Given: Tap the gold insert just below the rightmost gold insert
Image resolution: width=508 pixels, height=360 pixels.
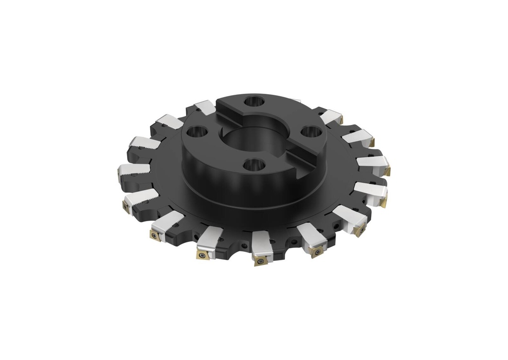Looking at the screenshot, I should coord(384,202).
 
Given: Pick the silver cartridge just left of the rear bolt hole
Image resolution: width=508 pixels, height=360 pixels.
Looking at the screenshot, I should coord(205,107).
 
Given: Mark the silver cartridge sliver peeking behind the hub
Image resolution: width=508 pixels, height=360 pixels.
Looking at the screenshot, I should coord(297,101).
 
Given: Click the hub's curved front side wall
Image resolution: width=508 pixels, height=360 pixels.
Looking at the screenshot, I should coord(233,188).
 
